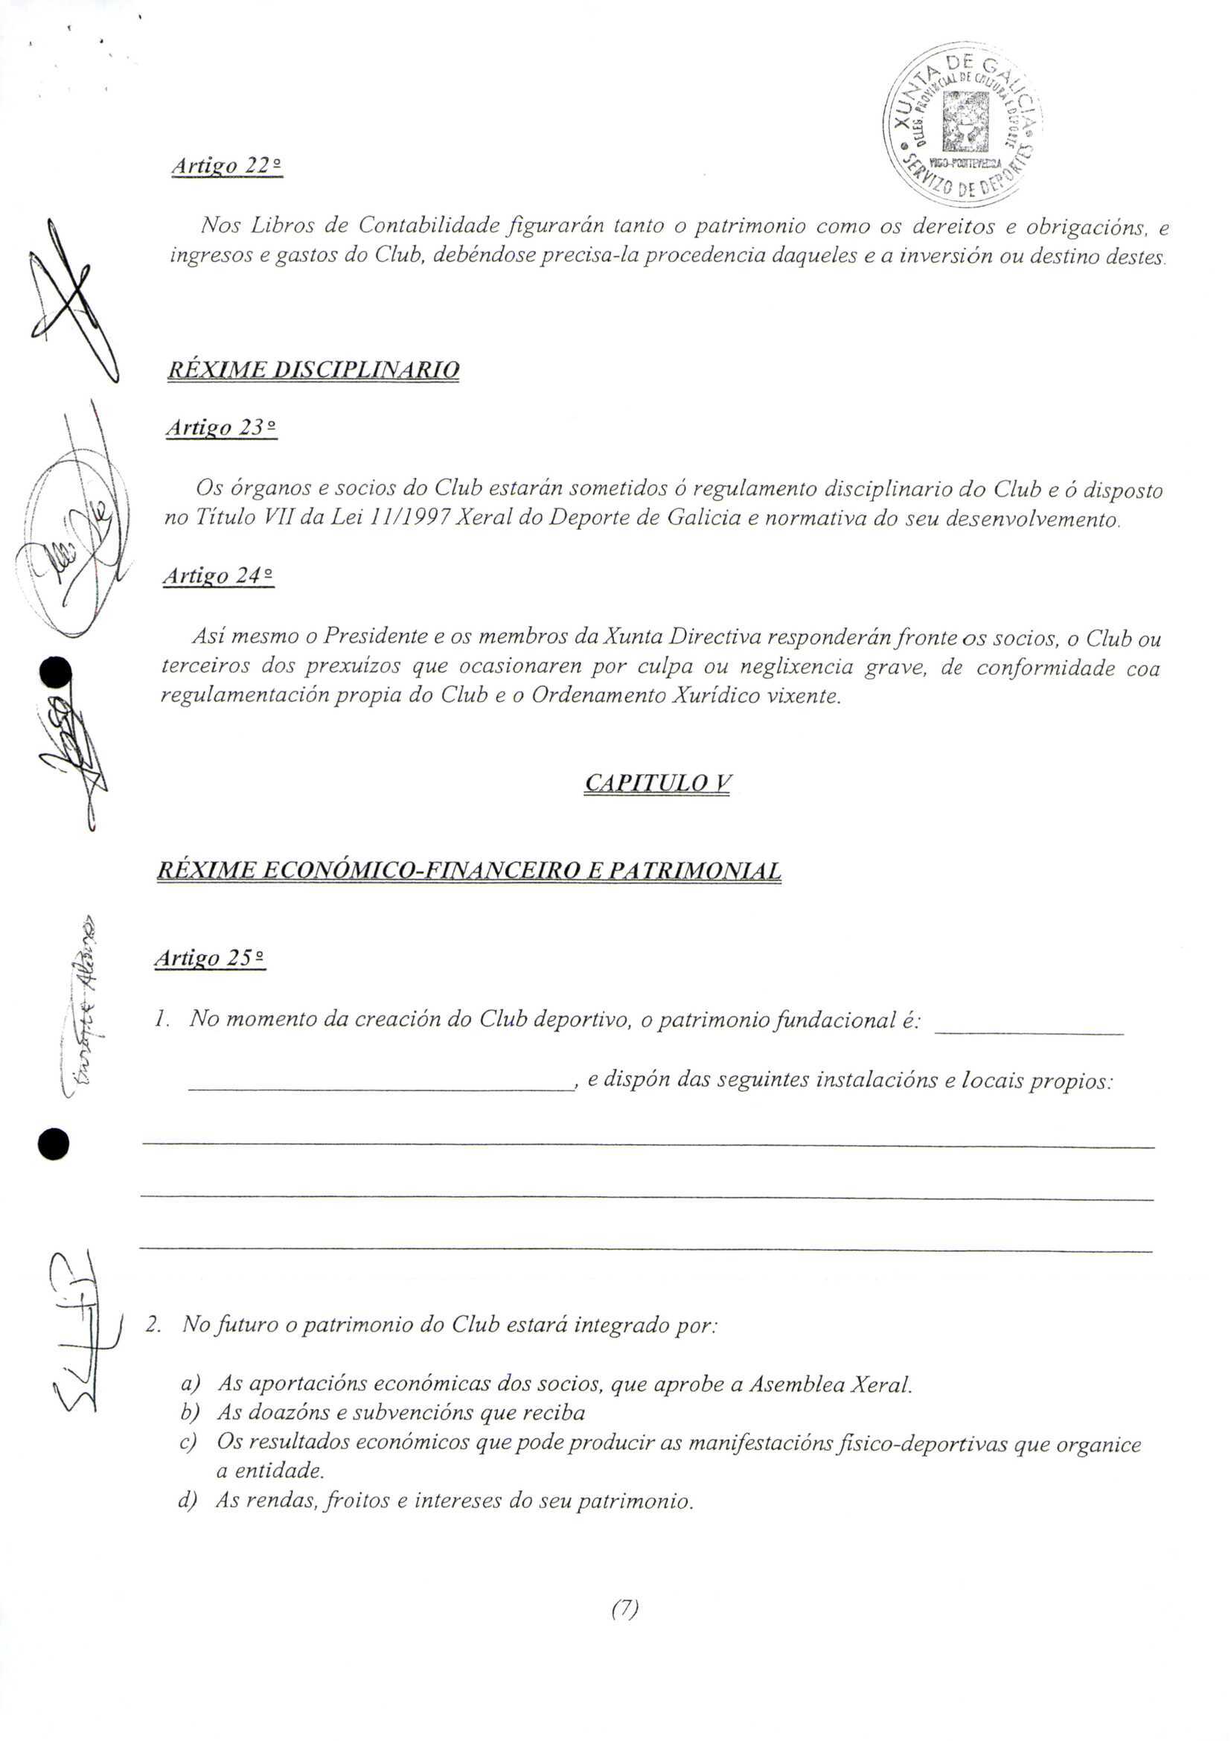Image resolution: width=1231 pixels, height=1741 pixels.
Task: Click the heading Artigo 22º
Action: click(x=227, y=166)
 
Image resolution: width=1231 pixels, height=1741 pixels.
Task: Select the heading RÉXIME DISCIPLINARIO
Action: click(x=313, y=369)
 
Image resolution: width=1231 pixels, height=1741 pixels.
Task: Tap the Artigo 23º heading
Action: click(x=221, y=428)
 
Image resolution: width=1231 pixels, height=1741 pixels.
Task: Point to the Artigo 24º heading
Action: click(x=218, y=576)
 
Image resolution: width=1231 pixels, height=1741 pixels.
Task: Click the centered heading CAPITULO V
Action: click(x=658, y=782)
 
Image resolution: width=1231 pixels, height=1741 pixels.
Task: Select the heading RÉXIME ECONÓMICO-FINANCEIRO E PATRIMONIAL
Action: click(x=468, y=871)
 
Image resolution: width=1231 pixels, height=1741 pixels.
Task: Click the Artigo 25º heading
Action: click(x=210, y=959)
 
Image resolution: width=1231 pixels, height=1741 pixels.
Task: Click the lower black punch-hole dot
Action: click(x=55, y=1143)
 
